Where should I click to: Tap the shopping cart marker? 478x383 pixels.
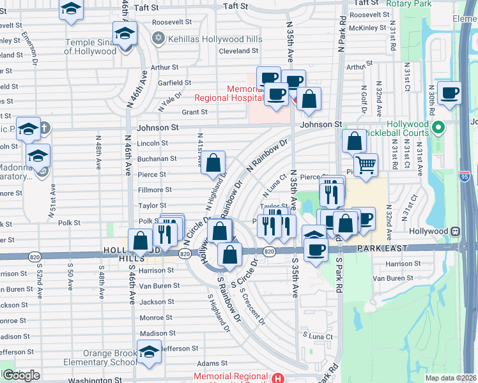(366, 165)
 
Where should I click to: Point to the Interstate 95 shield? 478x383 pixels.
(466, 173)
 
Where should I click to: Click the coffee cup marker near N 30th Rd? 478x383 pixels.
(449, 93)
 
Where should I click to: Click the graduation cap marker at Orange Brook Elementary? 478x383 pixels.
(149, 352)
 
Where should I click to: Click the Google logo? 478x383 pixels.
(21, 375)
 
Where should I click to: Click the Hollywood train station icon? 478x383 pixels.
(456, 231)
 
